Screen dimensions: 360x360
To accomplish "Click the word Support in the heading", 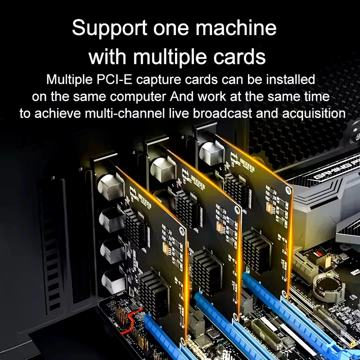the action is click(109, 28).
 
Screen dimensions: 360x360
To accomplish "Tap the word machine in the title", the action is click(236, 27).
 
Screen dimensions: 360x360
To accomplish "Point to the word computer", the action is click(138, 97).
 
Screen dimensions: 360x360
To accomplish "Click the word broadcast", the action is click(222, 113).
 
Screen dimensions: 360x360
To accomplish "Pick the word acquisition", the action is click(313, 114).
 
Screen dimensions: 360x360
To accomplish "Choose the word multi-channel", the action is click(124, 113).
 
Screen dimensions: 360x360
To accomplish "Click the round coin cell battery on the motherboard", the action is click(329, 286).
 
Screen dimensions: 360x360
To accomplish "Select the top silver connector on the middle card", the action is click(163, 169).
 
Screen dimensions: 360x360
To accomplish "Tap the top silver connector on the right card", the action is click(211, 152).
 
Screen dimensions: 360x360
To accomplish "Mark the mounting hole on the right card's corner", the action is click(288, 189).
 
